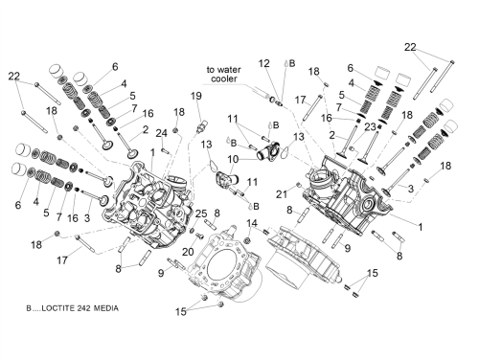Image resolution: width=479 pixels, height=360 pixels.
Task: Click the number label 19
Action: click(196, 96)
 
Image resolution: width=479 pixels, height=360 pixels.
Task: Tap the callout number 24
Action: click(162, 133)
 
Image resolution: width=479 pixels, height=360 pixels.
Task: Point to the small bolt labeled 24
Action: click(165, 149)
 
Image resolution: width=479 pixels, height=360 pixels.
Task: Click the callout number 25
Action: click(201, 214)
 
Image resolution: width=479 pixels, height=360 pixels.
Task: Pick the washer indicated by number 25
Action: click(193, 231)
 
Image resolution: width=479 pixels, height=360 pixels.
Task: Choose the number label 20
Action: click(188, 252)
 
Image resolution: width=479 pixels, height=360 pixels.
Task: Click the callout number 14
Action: click(252, 223)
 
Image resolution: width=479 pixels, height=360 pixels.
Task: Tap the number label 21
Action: click(282, 194)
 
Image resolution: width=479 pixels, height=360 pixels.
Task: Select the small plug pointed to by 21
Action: click(299, 185)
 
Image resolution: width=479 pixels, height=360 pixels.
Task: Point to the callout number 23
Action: click(371, 126)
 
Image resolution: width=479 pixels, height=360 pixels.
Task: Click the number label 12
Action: click(264, 63)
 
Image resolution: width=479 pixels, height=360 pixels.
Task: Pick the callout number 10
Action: click(233, 159)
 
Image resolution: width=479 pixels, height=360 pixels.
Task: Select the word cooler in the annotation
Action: click(224, 79)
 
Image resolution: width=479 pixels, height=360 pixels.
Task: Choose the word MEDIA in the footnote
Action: click(106, 308)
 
